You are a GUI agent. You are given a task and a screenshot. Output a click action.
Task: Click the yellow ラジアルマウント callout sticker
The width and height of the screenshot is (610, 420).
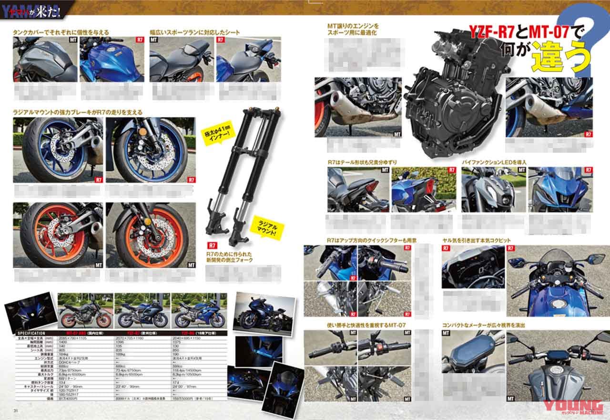tap(267, 231)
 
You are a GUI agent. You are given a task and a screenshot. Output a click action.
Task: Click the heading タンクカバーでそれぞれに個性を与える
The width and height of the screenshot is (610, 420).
tap(61, 32)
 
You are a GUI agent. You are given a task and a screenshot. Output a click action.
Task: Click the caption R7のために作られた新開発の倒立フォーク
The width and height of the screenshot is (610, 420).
tap(236, 257)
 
